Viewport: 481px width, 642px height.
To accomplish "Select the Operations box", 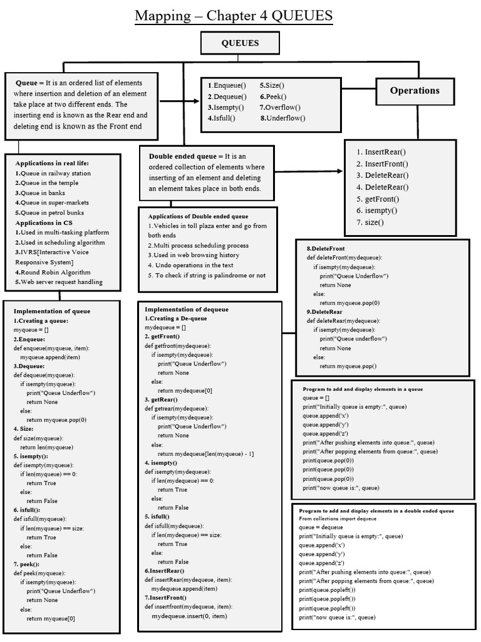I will click(x=415, y=90).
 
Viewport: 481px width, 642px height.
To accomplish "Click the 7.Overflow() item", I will click(x=281, y=107).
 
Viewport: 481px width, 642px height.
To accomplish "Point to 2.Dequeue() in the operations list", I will click(x=227, y=97).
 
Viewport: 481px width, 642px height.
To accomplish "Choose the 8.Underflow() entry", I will click(x=283, y=118).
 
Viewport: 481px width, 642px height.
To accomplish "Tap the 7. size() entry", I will click(x=370, y=222).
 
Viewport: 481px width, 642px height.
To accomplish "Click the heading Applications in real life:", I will click(x=53, y=164).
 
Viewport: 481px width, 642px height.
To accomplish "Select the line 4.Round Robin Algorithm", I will click(x=53, y=272).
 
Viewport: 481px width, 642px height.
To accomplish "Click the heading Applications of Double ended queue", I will click(x=198, y=216).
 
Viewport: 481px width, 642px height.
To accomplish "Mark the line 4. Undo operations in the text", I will click(x=191, y=265).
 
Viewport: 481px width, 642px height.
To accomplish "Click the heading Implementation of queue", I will click(x=52, y=311).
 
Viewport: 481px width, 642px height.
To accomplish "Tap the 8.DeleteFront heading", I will click(x=326, y=248).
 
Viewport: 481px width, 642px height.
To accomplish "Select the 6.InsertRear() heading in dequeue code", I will click(x=165, y=571).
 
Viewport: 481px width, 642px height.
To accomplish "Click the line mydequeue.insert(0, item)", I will click(x=189, y=616).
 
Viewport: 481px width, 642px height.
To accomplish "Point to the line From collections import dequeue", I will click(x=338, y=519).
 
